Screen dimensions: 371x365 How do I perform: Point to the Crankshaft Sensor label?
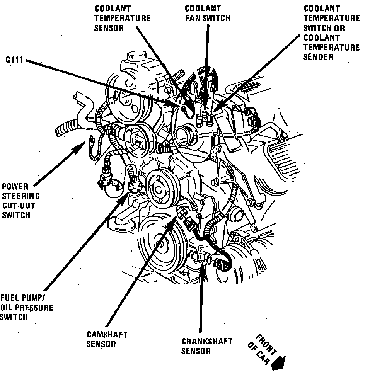tap(207, 346)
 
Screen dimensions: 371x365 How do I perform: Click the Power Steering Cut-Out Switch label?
tap(21, 200)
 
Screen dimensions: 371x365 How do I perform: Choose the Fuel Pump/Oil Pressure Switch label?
tap(26, 308)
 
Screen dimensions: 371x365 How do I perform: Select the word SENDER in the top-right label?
tap(318, 57)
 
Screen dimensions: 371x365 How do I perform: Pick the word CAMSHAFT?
tap(107, 335)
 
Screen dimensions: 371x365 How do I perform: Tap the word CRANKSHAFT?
tap(207, 342)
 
